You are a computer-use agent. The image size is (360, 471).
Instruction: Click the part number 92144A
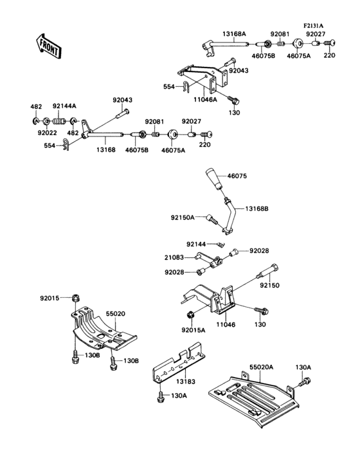click(x=64, y=106)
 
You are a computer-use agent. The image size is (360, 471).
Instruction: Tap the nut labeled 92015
click(x=75, y=297)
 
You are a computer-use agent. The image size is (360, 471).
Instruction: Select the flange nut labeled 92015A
click(x=191, y=315)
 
